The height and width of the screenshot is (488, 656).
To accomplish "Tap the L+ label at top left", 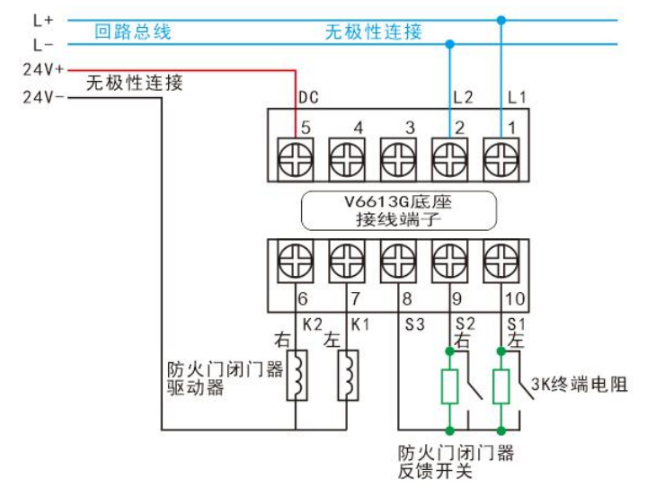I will point(42,19).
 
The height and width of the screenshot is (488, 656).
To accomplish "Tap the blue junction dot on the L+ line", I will point(501,19).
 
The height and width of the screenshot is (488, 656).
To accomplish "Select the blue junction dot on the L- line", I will point(449,43).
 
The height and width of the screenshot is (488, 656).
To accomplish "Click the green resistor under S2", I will point(449,386).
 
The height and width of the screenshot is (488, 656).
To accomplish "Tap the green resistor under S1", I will point(501,386).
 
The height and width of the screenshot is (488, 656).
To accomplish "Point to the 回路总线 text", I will point(133,33).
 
